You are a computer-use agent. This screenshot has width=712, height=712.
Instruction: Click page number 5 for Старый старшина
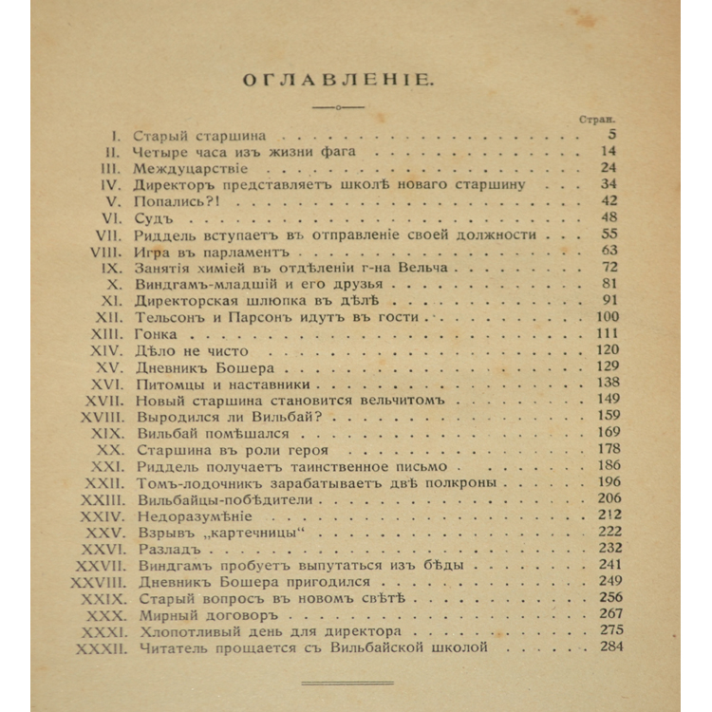612,135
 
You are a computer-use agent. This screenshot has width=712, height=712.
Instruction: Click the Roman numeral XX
110,448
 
